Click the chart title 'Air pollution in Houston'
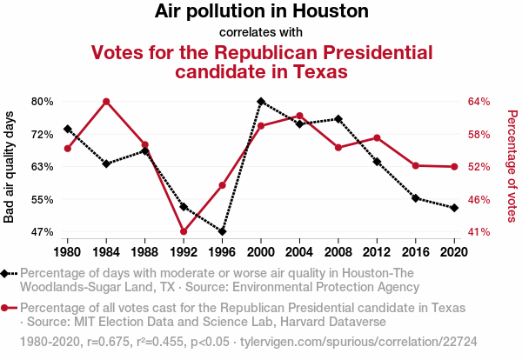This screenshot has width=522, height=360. coord(262,12)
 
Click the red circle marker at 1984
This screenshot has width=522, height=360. coord(106,102)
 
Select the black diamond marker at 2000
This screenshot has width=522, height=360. coord(261,102)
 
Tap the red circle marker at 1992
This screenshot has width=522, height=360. coord(184,232)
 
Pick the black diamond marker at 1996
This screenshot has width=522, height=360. coord(223,232)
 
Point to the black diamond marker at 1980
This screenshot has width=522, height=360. coord(67,129)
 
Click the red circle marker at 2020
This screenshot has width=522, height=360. coord(454,167)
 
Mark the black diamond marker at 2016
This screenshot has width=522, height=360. coord(416,198)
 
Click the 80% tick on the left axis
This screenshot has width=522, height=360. coord(43,102)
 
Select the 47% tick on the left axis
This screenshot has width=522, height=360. coord(43,232)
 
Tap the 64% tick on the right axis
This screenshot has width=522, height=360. coord(479,102)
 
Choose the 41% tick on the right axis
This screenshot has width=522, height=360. coord(479,232)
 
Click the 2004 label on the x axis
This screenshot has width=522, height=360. coord(300,252)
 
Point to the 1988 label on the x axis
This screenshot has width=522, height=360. coord(145,252)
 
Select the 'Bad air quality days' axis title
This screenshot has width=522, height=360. coord(10,167)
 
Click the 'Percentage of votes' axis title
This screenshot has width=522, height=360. coord(512,167)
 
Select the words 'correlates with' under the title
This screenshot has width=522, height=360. coord(261,33)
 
